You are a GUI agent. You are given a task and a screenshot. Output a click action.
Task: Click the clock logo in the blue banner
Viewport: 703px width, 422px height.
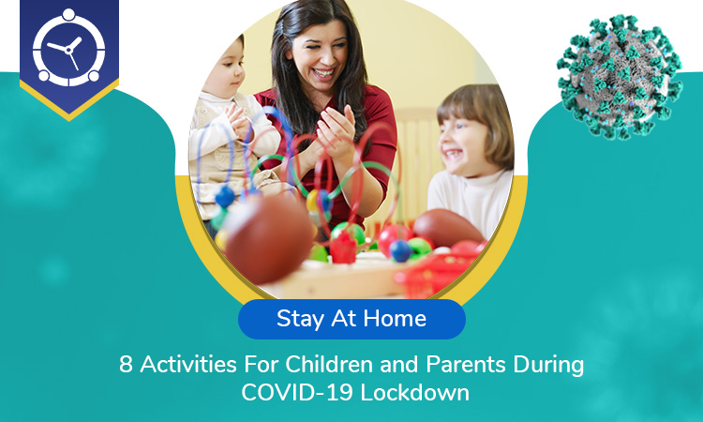point(69,47)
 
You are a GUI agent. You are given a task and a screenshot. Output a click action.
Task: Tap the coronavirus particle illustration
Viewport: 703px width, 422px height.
point(620,76)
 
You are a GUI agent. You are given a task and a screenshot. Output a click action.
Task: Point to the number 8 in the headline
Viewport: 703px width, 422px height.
point(126,364)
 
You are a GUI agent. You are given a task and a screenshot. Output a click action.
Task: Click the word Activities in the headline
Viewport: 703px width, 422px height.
point(188,364)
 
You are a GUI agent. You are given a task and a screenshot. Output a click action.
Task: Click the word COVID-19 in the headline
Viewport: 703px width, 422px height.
point(297,392)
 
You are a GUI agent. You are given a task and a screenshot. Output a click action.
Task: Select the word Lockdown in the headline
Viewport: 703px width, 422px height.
point(414,392)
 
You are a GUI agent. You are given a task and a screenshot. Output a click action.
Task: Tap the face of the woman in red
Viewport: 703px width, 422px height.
point(319,54)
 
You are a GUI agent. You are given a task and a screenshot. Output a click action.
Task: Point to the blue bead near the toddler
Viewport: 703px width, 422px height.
point(225,197)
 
